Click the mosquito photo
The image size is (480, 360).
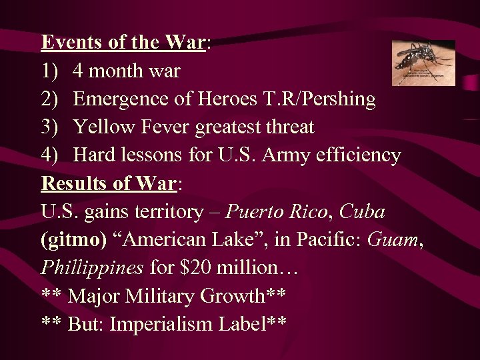point(423,63)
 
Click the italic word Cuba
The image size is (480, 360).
point(362,212)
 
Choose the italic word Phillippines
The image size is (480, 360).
point(92,268)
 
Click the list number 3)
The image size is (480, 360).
point(51,127)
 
